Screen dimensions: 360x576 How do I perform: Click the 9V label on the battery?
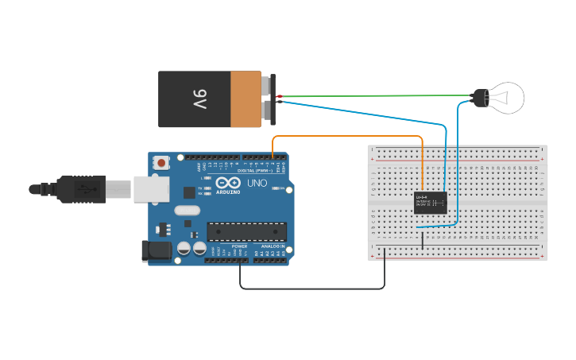click(x=199, y=99)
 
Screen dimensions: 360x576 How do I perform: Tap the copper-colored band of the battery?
click(x=245, y=99)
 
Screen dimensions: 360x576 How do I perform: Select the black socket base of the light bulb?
click(x=480, y=99)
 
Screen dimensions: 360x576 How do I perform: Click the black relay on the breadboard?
click(x=430, y=203)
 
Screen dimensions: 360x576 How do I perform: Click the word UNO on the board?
click(x=257, y=183)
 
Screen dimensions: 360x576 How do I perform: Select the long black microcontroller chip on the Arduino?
click(x=246, y=230)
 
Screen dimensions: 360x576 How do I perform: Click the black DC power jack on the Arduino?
click(x=155, y=250)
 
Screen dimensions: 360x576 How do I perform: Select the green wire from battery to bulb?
click(x=373, y=96)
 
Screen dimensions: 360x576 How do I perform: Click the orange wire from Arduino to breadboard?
click(x=350, y=136)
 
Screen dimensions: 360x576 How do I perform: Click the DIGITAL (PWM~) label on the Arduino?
click(x=253, y=170)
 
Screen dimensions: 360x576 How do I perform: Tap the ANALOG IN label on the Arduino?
click(x=273, y=246)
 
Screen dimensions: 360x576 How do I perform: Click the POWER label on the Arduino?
click(x=239, y=246)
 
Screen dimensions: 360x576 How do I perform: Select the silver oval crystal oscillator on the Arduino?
click(x=187, y=211)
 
